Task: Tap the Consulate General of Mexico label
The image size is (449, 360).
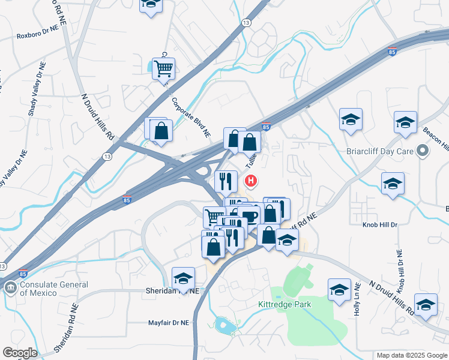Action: [x=54, y=289]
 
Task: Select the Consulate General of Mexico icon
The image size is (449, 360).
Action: [x=11, y=288]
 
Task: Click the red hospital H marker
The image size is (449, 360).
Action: [x=252, y=180]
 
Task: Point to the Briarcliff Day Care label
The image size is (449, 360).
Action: [x=380, y=151]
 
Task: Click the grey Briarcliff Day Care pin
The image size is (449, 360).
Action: [x=423, y=151]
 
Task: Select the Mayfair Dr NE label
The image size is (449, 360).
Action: [x=169, y=323]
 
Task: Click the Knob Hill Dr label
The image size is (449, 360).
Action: [x=379, y=224]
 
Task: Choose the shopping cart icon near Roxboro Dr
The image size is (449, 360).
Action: [x=163, y=68]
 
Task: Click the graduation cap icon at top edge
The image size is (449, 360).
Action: [x=151, y=4]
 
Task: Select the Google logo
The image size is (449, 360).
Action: [x=20, y=353]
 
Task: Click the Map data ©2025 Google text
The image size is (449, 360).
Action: [x=412, y=355]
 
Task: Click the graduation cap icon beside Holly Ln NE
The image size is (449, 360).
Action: [x=339, y=289]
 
